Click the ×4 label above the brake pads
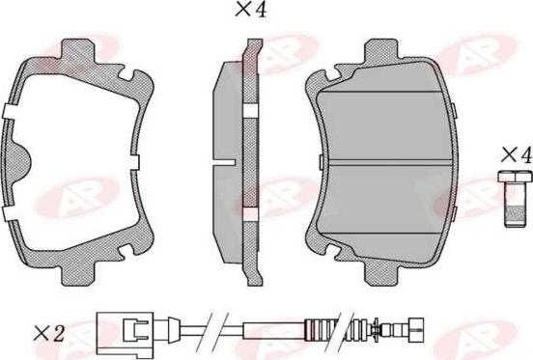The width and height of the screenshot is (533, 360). coord(251,10)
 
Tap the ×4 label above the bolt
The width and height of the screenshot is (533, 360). coord(516,155)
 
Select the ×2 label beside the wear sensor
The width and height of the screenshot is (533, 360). coord(49,334)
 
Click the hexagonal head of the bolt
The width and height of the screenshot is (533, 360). coord(515,177)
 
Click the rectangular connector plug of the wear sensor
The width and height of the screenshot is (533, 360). coord(125,329)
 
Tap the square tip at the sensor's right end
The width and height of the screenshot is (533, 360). coord(416,328)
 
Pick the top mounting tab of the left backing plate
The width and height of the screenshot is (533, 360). coord(77,51)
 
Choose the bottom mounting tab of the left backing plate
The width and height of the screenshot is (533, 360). coord(77,273)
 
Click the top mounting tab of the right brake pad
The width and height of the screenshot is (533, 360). coord(381,50)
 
